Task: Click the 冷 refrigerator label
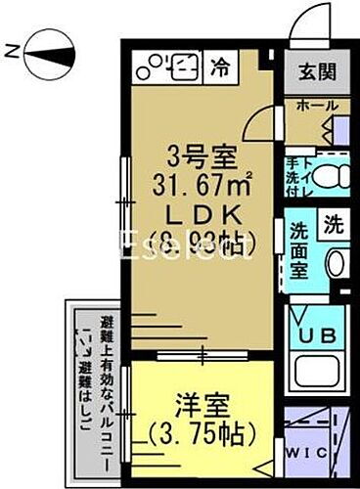point(223,67)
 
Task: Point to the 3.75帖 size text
point(203,431)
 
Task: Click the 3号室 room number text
point(194,155)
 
